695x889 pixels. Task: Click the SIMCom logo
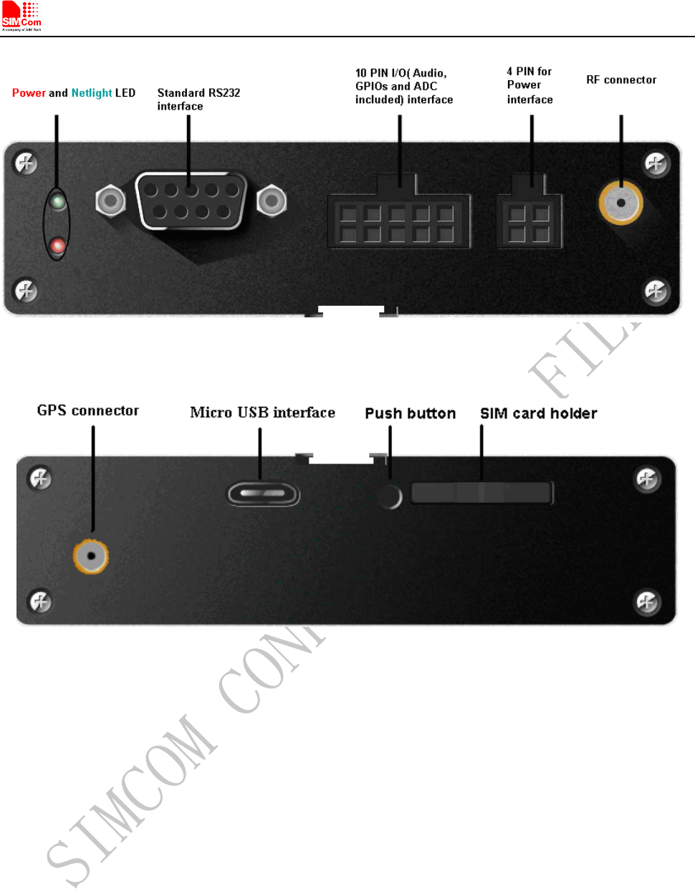point(21,16)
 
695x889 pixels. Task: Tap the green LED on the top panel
point(58,201)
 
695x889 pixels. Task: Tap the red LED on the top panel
point(58,246)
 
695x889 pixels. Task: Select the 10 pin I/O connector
point(398,221)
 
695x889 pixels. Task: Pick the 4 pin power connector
point(529,221)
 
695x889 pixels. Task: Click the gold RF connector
point(620,203)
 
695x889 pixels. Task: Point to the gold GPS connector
point(91,555)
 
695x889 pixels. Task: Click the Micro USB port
point(263,494)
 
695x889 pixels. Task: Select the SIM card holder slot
point(481,493)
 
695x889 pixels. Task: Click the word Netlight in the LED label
point(92,93)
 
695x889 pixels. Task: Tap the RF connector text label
point(621,80)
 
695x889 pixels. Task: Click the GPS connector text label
point(88,410)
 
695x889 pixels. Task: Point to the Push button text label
point(410,413)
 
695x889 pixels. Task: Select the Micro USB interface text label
point(262,413)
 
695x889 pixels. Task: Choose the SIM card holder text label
point(538,413)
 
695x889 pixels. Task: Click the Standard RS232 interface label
point(198,100)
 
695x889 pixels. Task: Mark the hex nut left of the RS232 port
point(110,200)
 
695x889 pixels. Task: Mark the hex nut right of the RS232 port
point(272,200)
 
